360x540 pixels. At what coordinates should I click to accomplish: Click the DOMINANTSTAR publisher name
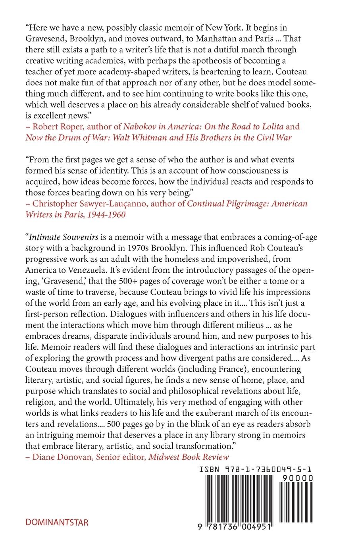tap(57, 522)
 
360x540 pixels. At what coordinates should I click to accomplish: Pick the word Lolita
tap(271, 127)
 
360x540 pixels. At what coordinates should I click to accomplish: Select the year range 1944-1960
tap(106, 215)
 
